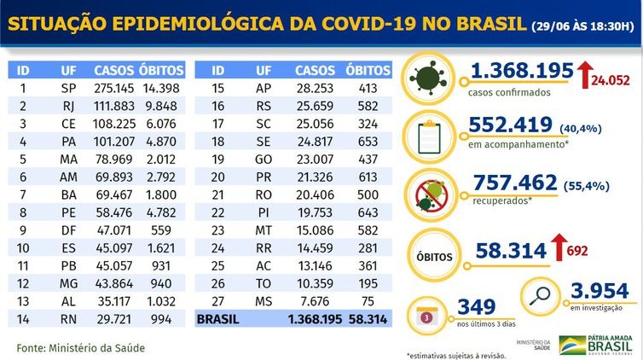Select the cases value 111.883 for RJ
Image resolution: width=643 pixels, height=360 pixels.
point(113,105)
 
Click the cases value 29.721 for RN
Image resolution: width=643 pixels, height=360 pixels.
point(113,319)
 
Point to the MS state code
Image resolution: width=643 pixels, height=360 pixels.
point(264,301)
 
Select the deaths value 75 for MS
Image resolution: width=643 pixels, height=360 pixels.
point(368,301)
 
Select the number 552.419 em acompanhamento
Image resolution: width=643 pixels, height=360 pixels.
point(508,126)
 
